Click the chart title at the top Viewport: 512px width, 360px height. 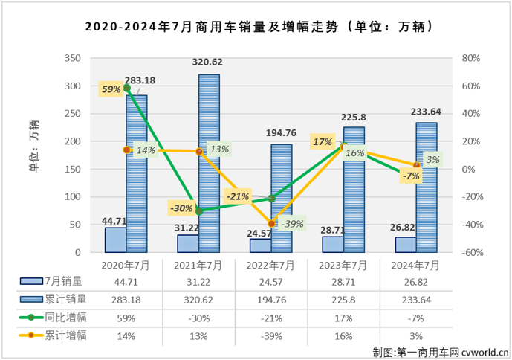click(x=256, y=27)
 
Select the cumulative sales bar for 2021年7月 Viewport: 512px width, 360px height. click(x=209, y=164)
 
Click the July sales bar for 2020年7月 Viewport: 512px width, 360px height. click(x=115, y=240)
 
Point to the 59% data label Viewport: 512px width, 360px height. click(x=111, y=89)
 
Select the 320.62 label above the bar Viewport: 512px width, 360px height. click(x=209, y=63)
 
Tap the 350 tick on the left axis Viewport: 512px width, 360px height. click(x=72, y=58)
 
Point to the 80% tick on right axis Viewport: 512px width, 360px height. click(x=471, y=58)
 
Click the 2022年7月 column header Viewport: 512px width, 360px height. click(x=270, y=265)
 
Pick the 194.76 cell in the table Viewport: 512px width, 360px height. click(x=270, y=299)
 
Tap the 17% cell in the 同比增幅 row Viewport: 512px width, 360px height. click(x=343, y=317)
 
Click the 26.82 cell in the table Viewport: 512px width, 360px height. click(x=416, y=281)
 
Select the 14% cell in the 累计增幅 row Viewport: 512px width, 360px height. click(x=125, y=335)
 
